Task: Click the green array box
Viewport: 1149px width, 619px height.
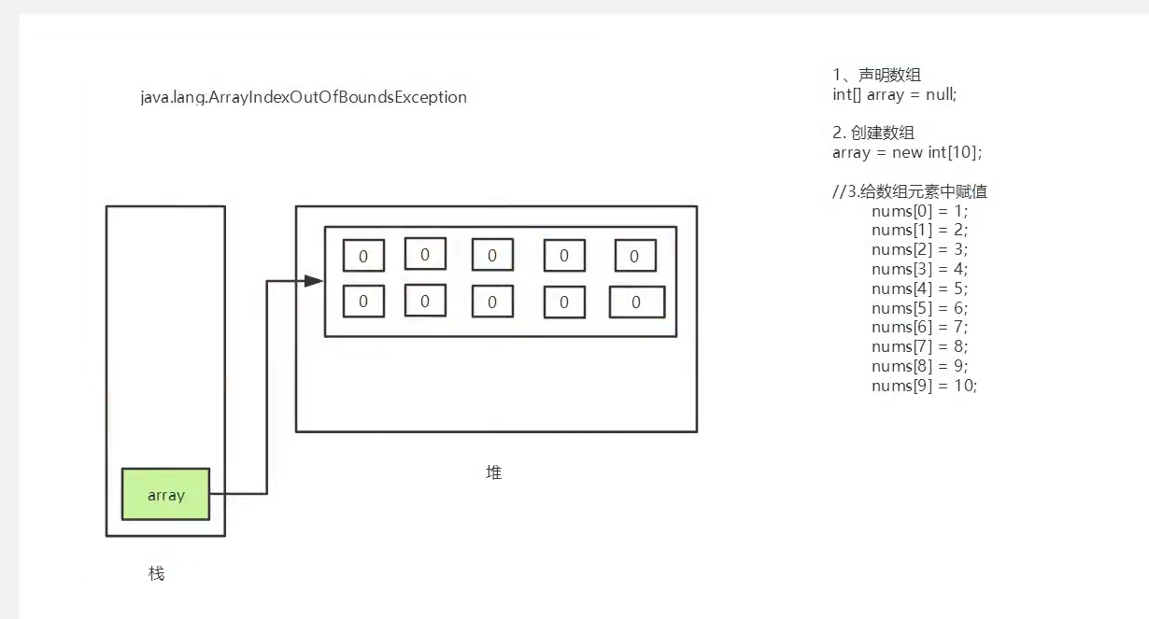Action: tap(165, 495)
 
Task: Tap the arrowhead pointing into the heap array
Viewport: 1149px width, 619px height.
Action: tap(314, 281)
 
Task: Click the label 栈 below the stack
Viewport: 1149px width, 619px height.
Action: tap(156, 573)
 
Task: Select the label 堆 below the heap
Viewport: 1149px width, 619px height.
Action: tap(494, 473)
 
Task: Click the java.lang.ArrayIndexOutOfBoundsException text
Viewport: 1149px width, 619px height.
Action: tap(304, 97)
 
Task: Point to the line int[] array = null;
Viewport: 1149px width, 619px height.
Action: tap(894, 94)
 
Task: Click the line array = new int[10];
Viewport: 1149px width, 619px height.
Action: tap(907, 152)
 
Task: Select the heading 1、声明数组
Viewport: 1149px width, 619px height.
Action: tap(876, 75)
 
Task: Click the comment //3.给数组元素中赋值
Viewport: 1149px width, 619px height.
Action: tap(910, 191)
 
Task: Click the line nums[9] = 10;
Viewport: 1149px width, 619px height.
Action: tap(924, 386)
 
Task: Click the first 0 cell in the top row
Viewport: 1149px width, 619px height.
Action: tap(363, 256)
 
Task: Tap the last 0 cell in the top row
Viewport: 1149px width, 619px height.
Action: tap(634, 256)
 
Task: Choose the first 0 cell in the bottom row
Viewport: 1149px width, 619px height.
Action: tap(363, 301)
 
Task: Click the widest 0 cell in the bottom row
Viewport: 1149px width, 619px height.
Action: tap(636, 302)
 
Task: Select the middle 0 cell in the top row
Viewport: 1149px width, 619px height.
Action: tap(492, 255)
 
